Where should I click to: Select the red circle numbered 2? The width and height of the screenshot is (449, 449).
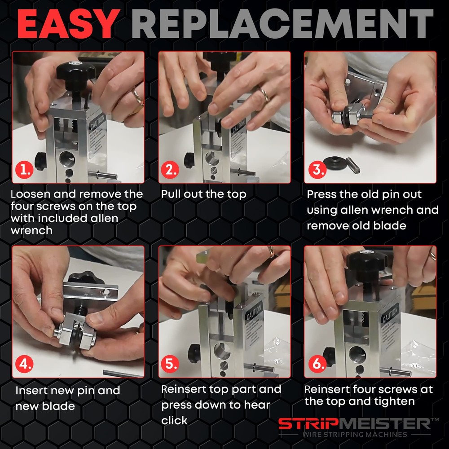170,170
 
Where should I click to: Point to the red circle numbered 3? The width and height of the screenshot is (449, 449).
316,170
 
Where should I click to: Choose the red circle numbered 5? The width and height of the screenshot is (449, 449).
170,364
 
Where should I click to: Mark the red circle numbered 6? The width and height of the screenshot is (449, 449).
316,364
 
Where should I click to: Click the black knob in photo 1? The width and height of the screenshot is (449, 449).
75,72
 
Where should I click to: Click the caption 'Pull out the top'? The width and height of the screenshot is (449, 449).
203,194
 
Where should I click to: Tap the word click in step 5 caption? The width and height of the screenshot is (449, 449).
174,420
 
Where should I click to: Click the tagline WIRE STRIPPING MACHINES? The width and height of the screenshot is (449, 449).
354,435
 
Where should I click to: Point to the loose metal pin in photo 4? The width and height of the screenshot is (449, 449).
121,373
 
